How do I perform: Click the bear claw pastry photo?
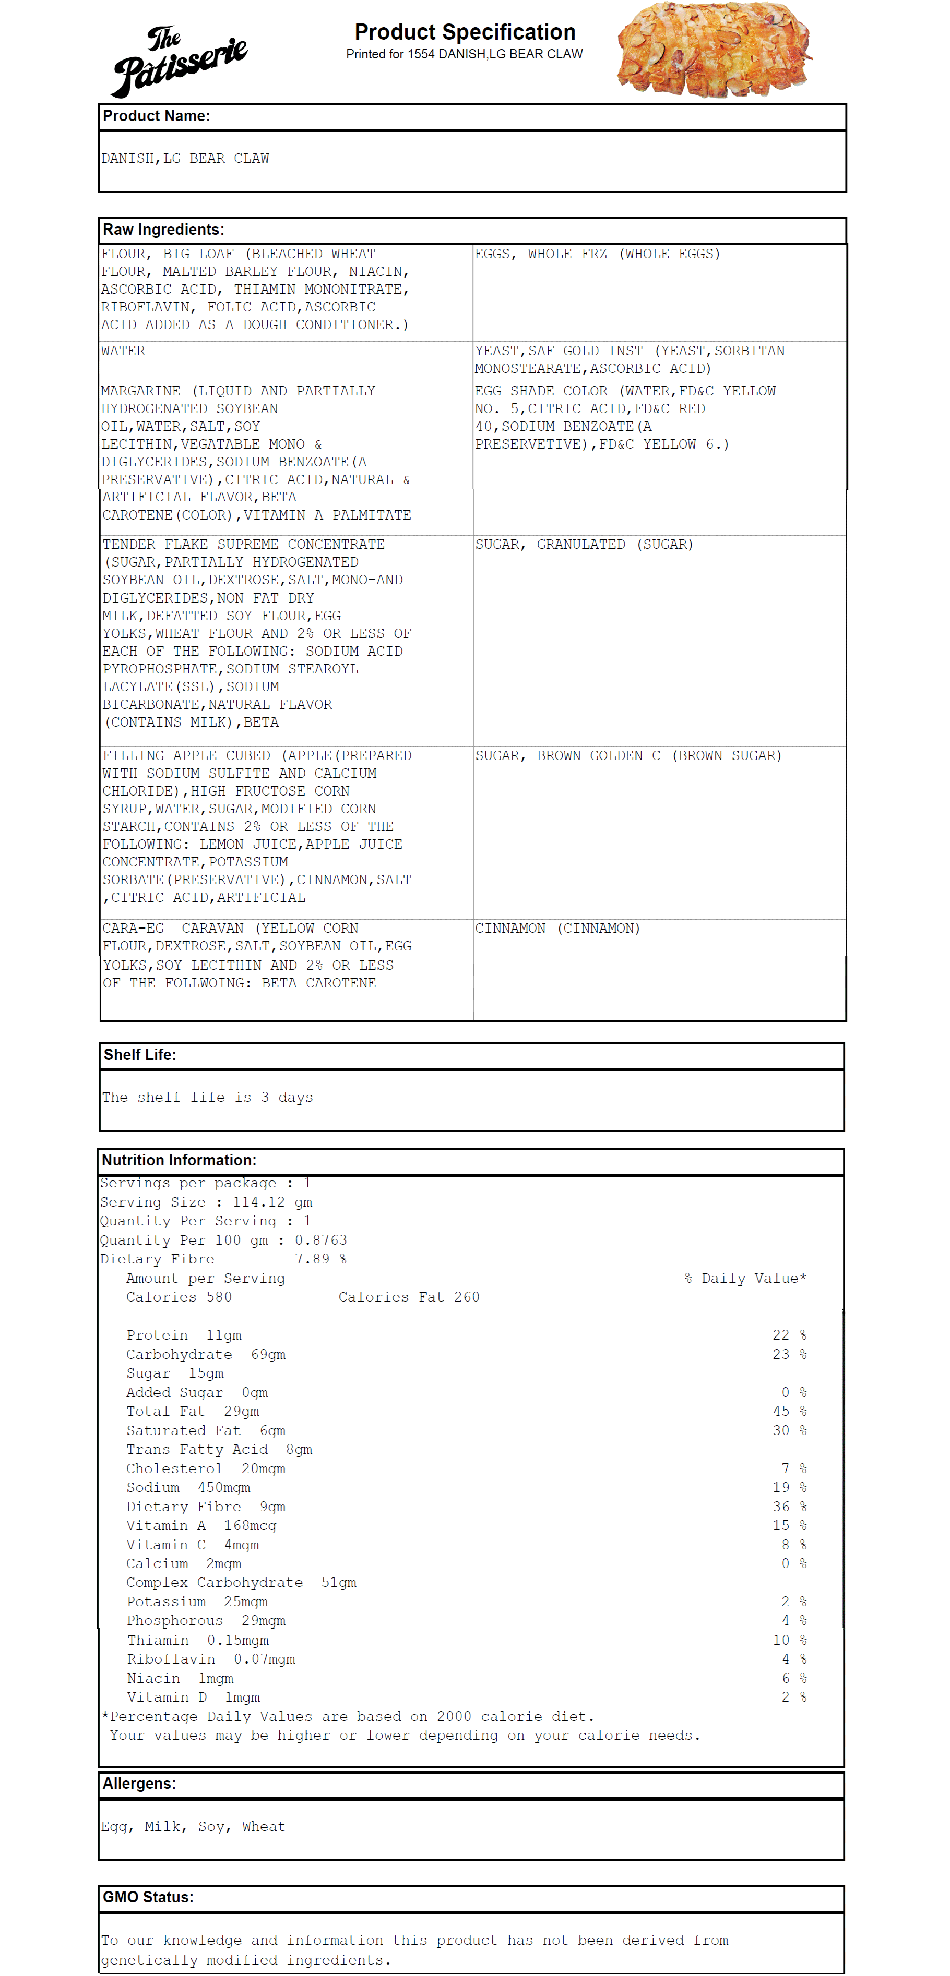pos(714,50)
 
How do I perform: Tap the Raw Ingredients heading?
pos(163,230)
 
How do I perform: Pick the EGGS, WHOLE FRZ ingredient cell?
pos(597,254)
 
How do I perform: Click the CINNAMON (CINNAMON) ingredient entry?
pos(557,928)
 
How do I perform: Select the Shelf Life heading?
pos(140,1055)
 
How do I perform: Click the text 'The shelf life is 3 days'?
pos(207,1097)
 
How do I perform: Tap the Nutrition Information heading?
pos(179,1160)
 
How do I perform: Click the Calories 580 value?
pos(179,1297)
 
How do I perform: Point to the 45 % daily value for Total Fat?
pos(789,1412)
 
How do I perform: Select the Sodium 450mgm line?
pos(188,1487)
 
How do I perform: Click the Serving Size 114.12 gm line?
pos(206,1202)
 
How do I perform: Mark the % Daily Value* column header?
pos(745,1278)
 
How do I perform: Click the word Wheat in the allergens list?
pos(263,1826)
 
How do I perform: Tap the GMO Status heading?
pos(148,1897)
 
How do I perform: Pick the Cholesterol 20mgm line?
pos(206,1468)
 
